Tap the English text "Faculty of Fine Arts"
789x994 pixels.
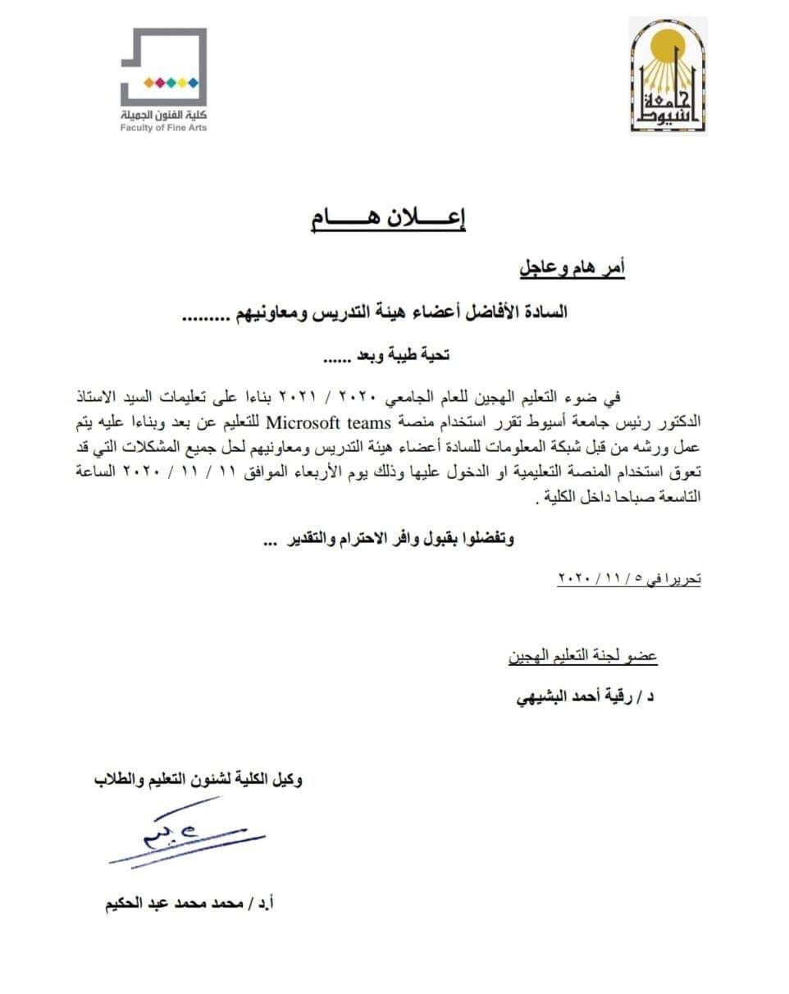tap(163, 128)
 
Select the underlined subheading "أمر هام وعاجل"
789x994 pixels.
tap(572, 268)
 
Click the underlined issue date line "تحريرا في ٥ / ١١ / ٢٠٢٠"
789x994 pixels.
tap(629, 578)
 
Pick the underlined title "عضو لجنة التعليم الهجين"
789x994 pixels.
tap(582, 656)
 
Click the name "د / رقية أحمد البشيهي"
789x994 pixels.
tap(584, 698)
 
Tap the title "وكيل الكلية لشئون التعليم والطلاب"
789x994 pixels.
tap(198, 779)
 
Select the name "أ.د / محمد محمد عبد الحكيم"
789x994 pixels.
tap(189, 905)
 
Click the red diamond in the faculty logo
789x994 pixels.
tap(160, 82)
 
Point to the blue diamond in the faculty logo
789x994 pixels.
tap(194, 82)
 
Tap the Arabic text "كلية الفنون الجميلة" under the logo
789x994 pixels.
tap(163, 115)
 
